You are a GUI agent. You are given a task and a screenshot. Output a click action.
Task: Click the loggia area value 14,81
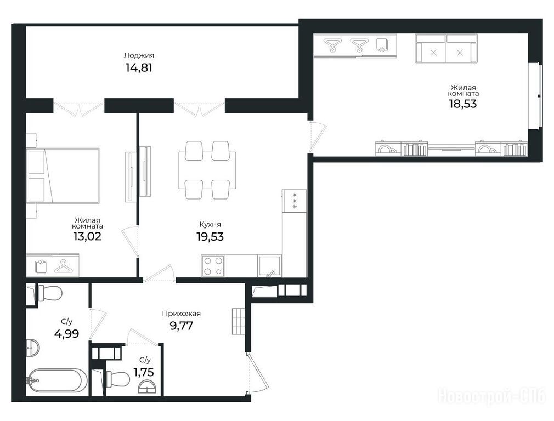139,67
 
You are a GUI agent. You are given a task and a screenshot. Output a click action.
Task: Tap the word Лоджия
139,55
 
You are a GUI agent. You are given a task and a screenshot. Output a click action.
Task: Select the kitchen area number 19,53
210,236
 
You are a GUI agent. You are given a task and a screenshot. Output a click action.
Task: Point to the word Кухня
210,224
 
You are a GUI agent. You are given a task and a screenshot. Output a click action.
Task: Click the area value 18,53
463,104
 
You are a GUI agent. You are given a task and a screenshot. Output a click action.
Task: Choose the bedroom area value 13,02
87,236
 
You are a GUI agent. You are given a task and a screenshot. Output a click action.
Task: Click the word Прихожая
181,314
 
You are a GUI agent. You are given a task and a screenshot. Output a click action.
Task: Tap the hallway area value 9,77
182,325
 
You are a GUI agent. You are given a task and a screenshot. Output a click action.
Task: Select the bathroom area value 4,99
67,333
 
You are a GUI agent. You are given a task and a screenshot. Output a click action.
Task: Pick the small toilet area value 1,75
144,372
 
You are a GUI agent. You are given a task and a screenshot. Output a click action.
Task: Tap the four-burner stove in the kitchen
213,266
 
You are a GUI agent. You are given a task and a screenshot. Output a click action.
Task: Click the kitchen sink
269,266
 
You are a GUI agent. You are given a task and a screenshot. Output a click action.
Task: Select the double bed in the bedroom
63,175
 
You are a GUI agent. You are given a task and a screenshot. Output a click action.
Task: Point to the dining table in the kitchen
207,170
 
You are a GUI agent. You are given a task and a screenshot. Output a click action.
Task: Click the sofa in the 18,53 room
446,49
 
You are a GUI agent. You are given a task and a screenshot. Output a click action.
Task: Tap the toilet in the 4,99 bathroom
50,293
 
